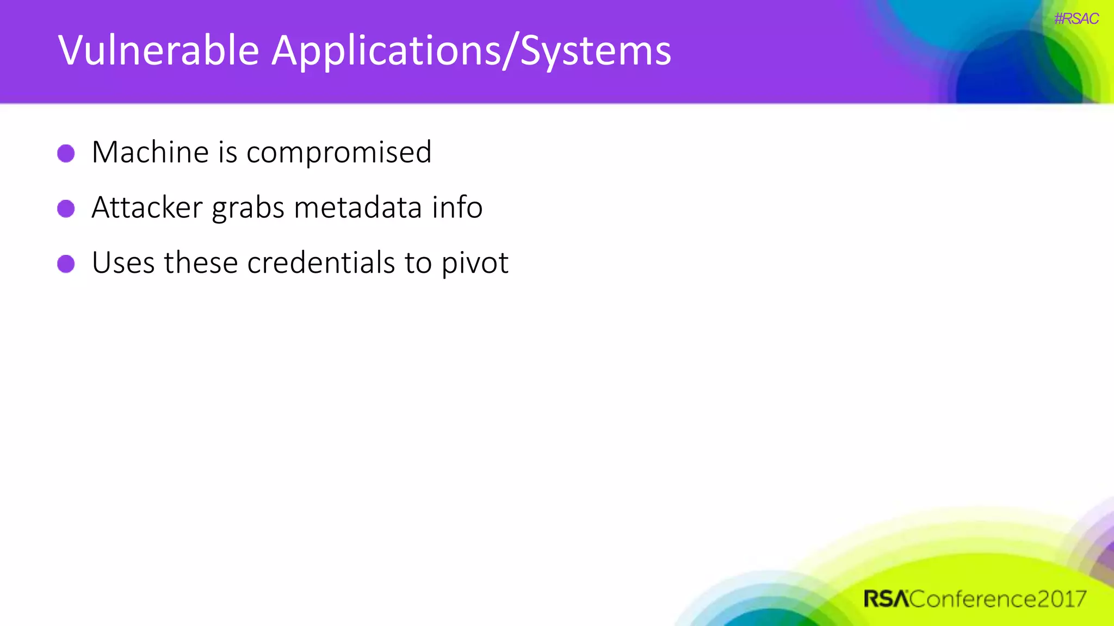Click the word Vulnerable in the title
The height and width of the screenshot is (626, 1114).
pos(158,51)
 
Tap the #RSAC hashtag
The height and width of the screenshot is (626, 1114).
pos(1076,18)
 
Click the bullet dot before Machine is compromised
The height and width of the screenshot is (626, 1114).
pos(66,153)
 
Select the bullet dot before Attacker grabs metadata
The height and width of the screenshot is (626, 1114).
pos(66,209)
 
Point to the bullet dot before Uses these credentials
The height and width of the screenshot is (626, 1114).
pos(66,264)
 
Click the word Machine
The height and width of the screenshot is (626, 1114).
pos(150,152)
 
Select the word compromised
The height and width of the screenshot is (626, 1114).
pos(339,153)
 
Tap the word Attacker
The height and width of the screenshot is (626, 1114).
pos(147,208)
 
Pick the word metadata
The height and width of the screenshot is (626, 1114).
pos(358,208)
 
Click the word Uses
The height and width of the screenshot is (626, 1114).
pos(123,263)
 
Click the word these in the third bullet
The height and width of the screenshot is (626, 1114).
pos(201,263)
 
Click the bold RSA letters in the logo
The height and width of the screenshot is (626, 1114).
pos(886,599)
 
